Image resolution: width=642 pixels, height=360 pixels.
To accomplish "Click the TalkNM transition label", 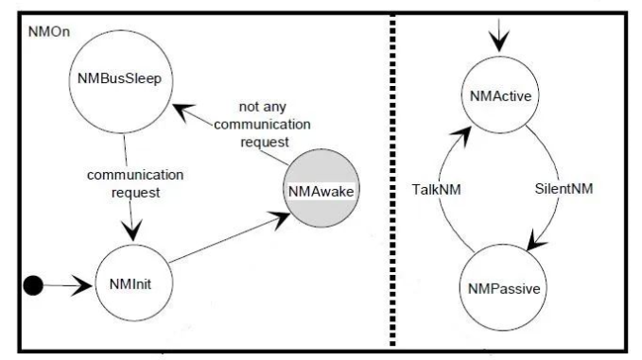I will point(436,189).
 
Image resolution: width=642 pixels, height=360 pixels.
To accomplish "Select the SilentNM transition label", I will point(564,189).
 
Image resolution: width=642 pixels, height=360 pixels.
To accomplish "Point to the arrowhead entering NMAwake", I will point(281,218).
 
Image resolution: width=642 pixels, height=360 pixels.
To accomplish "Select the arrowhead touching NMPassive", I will point(537,244).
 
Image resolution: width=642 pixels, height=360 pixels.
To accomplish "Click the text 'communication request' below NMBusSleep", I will point(135,183).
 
